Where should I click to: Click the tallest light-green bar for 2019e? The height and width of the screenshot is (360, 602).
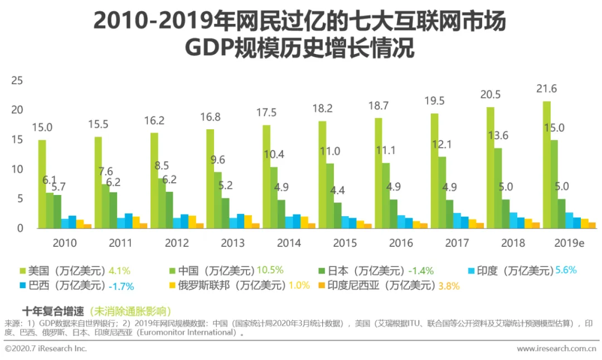[547, 164]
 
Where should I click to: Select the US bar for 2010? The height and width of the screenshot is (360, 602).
[42, 184]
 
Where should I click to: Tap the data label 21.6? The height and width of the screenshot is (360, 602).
[546, 89]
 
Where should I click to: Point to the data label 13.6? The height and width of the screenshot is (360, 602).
[498, 135]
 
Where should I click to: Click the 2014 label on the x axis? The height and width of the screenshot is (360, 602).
[289, 243]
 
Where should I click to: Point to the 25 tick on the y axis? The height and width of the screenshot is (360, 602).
[17, 81]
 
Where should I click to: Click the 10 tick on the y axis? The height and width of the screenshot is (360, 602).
[17, 169]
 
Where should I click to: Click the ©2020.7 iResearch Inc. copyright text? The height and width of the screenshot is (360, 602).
[46, 349]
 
